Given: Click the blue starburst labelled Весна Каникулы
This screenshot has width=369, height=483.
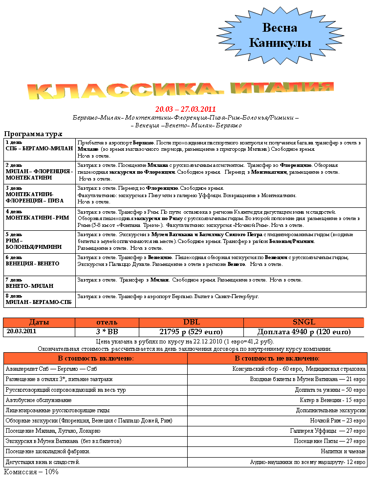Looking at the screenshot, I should pyautogui.click(x=280, y=36).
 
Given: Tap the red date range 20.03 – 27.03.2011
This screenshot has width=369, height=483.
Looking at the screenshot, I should pyautogui.click(x=185, y=109).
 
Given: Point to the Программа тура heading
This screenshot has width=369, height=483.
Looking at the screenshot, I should pyautogui.click(x=33, y=134).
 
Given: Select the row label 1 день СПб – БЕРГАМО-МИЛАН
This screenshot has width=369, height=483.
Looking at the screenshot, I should pyautogui.click(x=39, y=145).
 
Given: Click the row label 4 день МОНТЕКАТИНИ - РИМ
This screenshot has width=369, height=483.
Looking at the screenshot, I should pyautogui.click(x=37, y=215).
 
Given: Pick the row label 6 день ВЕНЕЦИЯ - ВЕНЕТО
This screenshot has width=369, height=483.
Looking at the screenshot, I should pyautogui.click(x=32, y=261).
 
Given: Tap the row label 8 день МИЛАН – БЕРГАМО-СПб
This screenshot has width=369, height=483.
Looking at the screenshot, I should pyautogui.click(x=38, y=299).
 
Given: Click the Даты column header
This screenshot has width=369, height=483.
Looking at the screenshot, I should pyautogui.click(x=39, y=322).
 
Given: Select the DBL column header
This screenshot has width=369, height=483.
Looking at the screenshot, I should pyautogui.click(x=191, y=322).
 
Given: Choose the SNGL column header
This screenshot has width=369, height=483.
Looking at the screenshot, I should pyautogui.click(x=304, y=322).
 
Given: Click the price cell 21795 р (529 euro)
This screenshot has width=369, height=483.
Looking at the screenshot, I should pyautogui.click(x=191, y=332).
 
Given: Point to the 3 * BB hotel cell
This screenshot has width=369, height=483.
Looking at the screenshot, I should pyautogui.click(x=107, y=332).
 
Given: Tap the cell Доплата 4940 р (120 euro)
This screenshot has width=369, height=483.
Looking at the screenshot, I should pyautogui.click(x=304, y=332).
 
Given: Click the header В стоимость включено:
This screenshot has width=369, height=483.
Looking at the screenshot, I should pyautogui.click(x=95, y=358).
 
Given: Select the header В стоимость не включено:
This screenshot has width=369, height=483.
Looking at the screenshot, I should pyautogui.click(x=277, y=358).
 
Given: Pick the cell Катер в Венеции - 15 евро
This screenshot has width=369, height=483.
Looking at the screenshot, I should pyautogui.click(x=332, y=400).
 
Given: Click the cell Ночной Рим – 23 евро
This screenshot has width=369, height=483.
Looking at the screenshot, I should pyautogui.click(x=338, y=420).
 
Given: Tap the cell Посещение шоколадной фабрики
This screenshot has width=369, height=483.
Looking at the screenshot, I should pyautogui.click(x=48, y=451).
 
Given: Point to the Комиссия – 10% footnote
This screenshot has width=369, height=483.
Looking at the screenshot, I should pyautogui.click(x=31, y=472).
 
